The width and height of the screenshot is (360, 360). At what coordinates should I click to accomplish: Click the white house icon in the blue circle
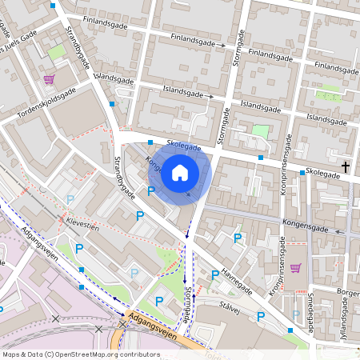(180, 172)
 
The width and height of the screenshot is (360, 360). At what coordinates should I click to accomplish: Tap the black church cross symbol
(346, 166)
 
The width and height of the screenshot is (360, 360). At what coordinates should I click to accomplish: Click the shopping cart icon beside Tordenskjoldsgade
(49, 78)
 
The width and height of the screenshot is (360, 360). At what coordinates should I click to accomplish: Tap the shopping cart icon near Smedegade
(295, 268)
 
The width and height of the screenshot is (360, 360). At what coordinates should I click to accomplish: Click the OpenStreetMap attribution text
(81, 354)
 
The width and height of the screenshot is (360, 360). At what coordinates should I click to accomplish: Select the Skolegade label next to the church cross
(322, 172)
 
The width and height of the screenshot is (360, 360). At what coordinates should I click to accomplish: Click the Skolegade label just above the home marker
(184, 147)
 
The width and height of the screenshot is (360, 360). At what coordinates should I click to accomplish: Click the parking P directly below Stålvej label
(261, 317)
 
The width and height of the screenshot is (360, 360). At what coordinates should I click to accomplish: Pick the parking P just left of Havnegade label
(214, 274)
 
